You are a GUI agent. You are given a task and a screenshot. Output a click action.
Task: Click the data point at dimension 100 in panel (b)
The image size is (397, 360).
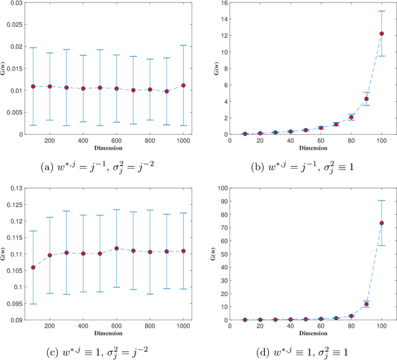pyautogui.click(x=382, y=34)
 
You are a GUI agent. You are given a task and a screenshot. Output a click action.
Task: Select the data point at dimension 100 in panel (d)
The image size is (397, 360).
pyautogui.click(x=382, y=223)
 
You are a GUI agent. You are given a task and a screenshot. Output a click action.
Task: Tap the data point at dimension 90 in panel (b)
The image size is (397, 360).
pyautogui.click(x=367, y=99)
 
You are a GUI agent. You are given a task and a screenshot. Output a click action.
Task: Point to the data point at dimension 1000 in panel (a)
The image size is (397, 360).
pyautogui.click(x=183, y=86)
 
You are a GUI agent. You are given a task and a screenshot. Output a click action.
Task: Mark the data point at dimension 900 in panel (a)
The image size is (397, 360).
pyautogui.click(x=166, y=91)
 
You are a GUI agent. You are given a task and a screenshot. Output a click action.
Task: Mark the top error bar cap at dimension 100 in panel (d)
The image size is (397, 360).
pyautogui.click(x=382, y=200)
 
